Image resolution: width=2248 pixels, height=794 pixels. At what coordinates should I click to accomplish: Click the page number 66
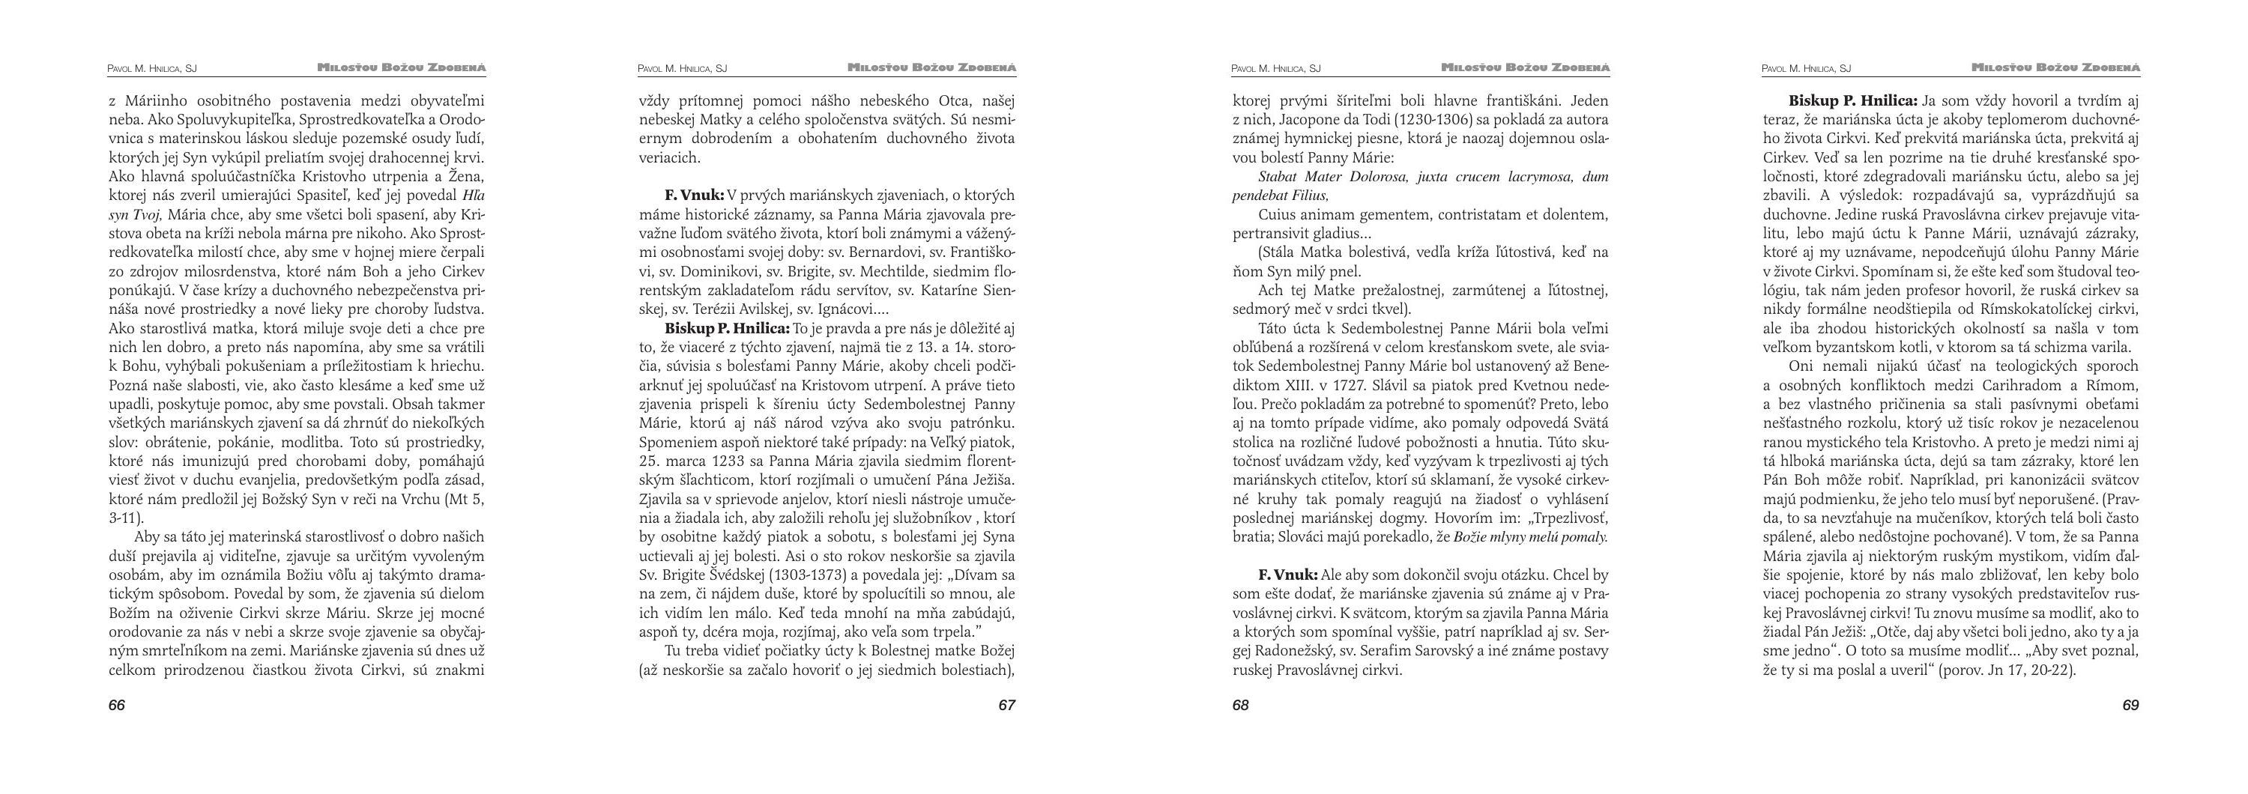coord(117,705)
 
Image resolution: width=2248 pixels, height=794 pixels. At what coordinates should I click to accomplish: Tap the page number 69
coord(2130,705)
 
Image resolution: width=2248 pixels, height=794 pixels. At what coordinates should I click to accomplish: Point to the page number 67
coord(1007,705)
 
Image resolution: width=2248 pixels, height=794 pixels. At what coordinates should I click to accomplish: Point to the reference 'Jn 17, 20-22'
coord(2031,671)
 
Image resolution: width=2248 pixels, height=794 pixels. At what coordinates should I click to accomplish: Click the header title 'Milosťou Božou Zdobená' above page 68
coord(1526,67)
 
